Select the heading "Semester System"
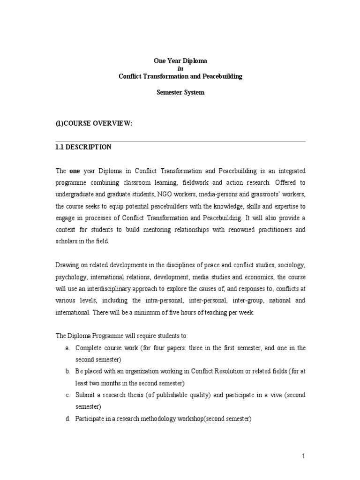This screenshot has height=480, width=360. click(180, 92)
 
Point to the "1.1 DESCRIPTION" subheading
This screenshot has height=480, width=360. click(83, 147)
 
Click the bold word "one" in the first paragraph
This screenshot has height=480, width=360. click(75, 171)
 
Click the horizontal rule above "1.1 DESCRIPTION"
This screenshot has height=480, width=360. click(180, 141)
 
